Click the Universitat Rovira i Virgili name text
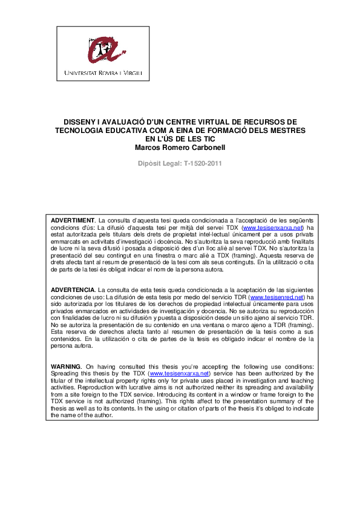tap(103, 74)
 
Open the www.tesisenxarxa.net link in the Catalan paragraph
tap(272, 227)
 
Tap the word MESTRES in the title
tap(287, 130)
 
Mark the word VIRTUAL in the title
tap(198, 122)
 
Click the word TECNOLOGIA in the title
tap(79, 130)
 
